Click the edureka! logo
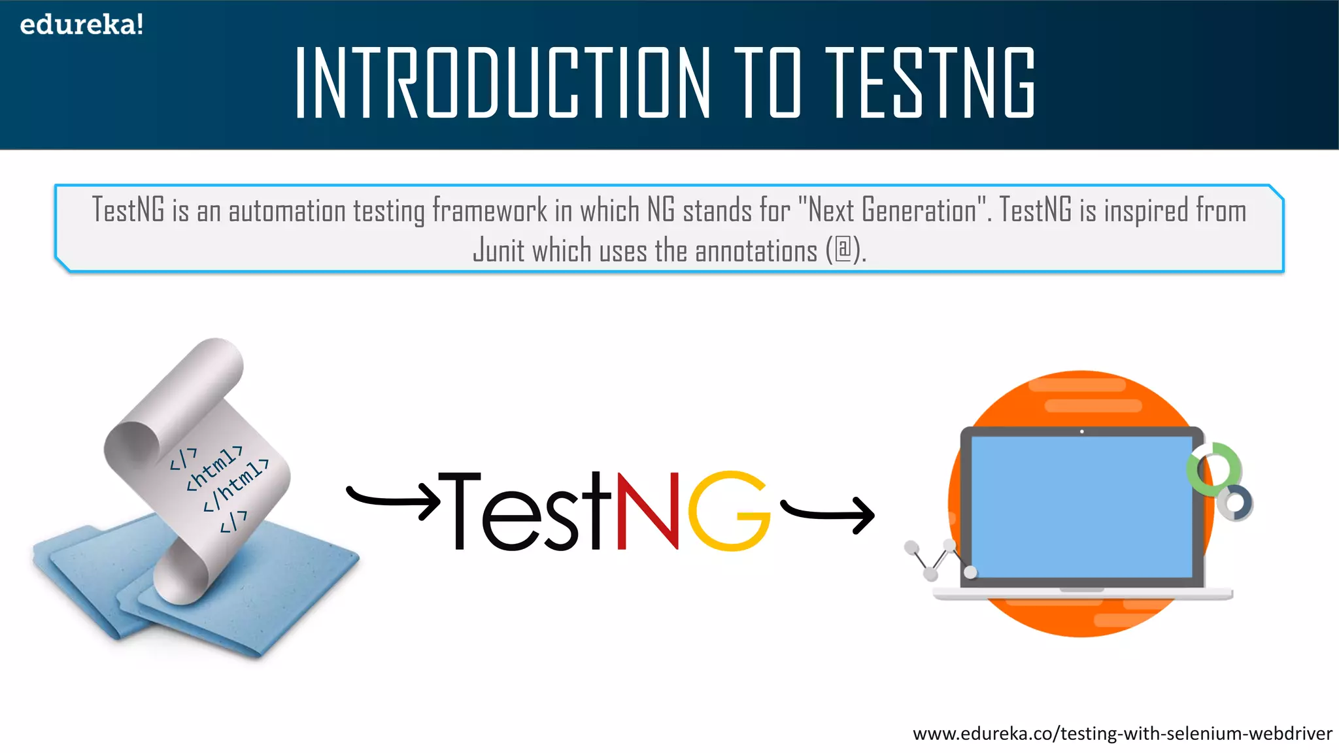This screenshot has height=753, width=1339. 81,25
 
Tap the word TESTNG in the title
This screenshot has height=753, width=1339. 930,83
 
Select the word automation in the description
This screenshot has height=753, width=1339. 286,211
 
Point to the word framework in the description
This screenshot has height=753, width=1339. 489,210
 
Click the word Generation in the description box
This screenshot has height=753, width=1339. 919,210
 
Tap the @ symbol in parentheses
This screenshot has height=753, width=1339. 844,250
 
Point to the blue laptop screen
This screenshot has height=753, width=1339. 1081,507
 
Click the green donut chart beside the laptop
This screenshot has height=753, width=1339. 1214,467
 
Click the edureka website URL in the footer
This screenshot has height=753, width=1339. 1122,733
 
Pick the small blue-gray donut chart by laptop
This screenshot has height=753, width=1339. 1235,503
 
